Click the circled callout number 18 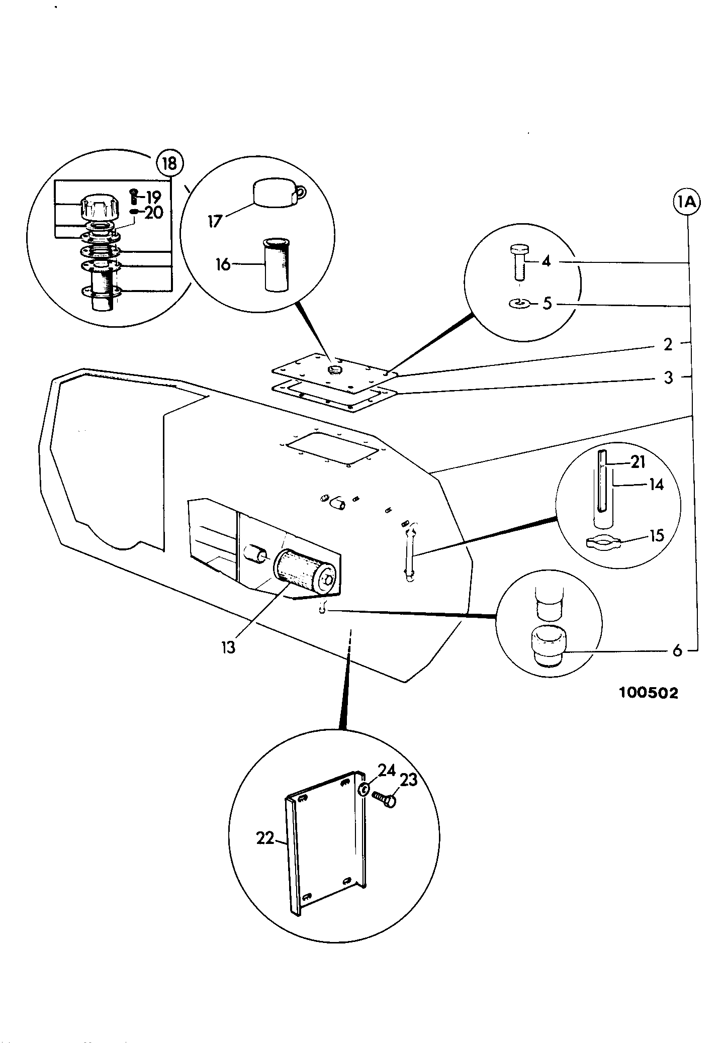pos(170,163)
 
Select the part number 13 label pos(228,647)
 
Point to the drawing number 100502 pos(649,693)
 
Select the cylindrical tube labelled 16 pos(277,265)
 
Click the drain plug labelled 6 pos(548,646)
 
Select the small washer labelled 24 pos(364,790)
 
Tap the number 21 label pos(638,461)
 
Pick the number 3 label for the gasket pos(668,377)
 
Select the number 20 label pos(154,213)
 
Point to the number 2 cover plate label pos(668,344)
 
